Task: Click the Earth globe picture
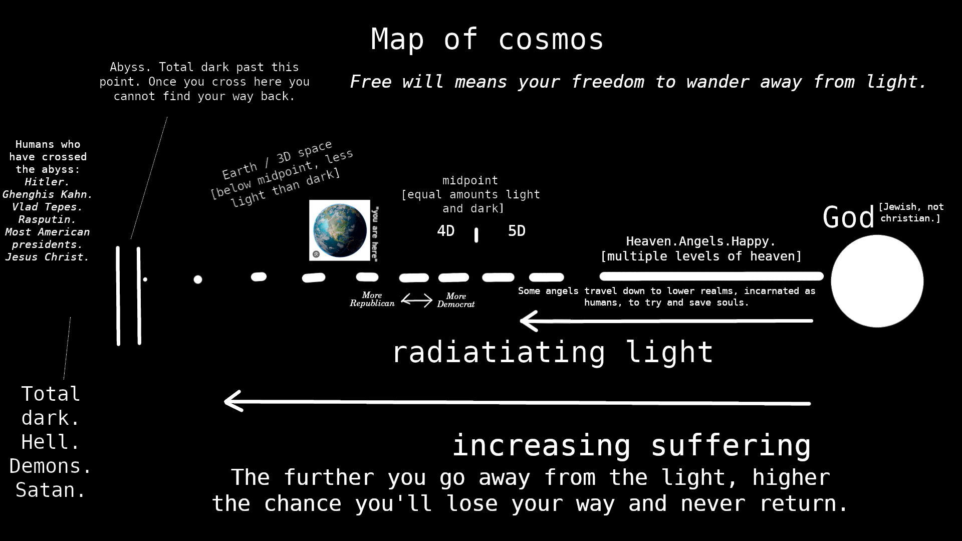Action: pos(340,230)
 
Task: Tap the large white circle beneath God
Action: pos(877,281)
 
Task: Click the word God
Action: pos(848,217)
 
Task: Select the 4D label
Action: pos(445,231)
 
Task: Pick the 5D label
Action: pos(517,231)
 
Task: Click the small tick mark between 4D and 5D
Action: pos(476,235)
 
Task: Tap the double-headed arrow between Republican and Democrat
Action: pos(416,300)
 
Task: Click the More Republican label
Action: pos(372,299)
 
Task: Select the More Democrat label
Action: pos(455,300)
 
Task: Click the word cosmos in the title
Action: pos(551,39)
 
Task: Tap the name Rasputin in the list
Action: pos(47,219)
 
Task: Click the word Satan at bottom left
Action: pos(51,490)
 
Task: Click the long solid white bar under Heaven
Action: pos(711,276)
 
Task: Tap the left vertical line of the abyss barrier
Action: pos(118,296)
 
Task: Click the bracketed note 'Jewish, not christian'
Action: pos(911,212)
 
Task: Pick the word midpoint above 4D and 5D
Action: pos(470,180)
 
